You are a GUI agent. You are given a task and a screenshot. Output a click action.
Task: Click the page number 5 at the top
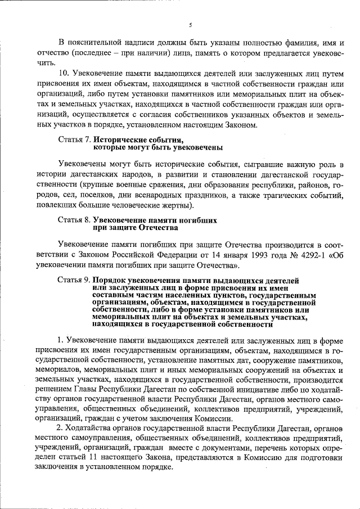190,25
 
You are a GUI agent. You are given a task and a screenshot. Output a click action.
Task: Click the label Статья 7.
74,138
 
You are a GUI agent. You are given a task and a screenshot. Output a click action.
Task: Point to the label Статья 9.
74,280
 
